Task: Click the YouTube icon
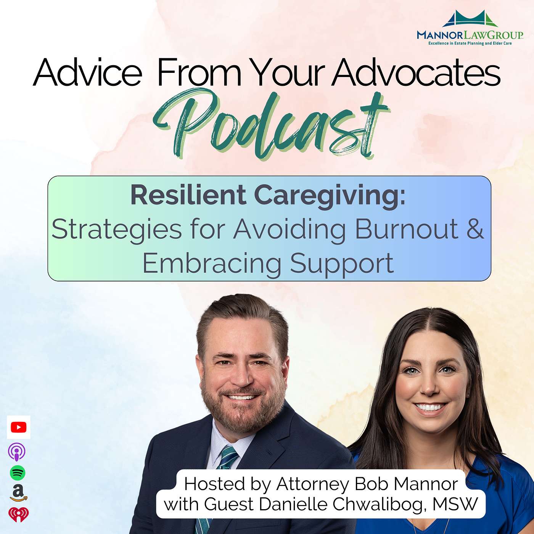(x=19, y=427)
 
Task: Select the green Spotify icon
(x=18, y=473)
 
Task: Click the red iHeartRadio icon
(x=19, y=515)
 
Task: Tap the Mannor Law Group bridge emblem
(x=470, y=19)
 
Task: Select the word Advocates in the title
(x=416, y=72)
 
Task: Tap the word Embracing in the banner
(x=212, y=263)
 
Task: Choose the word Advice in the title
(x=87, y=72)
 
